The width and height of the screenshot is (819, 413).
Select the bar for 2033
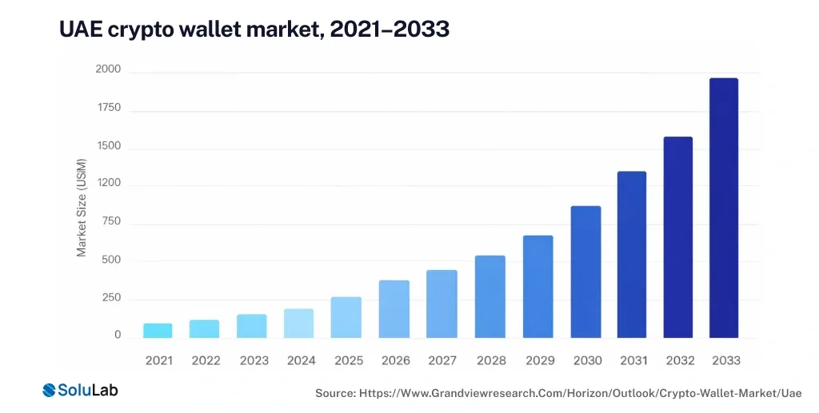point(724,208)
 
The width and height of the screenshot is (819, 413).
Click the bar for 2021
point(158,330)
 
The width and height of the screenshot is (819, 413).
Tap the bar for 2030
point(585,272)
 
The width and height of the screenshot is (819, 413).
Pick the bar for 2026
point(394,308)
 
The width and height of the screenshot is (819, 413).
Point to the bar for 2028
point(490,296)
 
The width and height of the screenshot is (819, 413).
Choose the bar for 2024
point(298,323)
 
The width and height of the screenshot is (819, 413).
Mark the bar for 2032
point(677,236)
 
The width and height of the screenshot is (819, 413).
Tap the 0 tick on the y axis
point(117,336)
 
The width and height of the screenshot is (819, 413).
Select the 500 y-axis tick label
point(111,260)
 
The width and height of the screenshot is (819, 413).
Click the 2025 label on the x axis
point(349,361)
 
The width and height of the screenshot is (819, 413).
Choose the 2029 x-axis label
point(540,361)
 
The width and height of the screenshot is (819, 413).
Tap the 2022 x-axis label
point(206,361)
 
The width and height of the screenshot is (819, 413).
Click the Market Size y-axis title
point(82,216)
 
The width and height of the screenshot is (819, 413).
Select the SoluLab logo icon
point(51,390)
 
